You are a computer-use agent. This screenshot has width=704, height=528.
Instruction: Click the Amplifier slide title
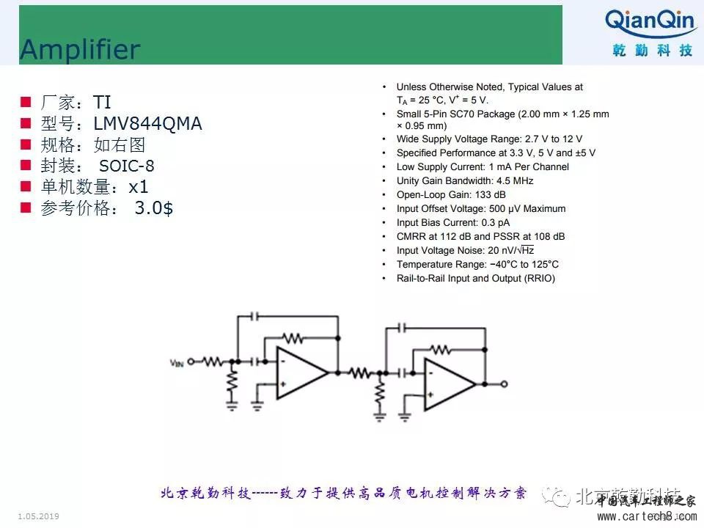(79, 49)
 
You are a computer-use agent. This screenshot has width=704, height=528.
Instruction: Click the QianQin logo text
(650, 21)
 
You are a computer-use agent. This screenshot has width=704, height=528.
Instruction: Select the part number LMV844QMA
(147, 124)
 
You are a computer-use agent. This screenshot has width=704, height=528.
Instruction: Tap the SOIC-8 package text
(127, 166)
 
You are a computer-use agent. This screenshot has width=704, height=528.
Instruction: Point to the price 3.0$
(154, 208)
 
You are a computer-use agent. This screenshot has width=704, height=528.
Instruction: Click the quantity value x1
(139, 187)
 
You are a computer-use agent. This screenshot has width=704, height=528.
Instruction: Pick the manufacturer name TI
(102, 103)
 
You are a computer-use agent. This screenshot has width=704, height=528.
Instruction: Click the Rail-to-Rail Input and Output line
(475, 278)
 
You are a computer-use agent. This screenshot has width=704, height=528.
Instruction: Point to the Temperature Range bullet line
(477, 264)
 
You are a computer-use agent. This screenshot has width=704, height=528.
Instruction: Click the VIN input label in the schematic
(177, 362)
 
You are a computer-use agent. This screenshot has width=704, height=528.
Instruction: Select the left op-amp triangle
(300, 373)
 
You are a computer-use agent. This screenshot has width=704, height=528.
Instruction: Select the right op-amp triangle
(447, 384)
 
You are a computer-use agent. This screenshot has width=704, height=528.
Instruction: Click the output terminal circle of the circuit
(504, 384)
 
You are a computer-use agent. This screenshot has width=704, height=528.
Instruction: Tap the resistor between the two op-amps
(360, 373)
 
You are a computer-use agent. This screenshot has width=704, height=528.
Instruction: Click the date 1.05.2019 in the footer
(38, 516)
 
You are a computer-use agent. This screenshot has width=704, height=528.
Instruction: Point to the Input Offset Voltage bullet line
(480, 208)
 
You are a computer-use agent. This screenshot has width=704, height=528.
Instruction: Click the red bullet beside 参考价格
(26, 208)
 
